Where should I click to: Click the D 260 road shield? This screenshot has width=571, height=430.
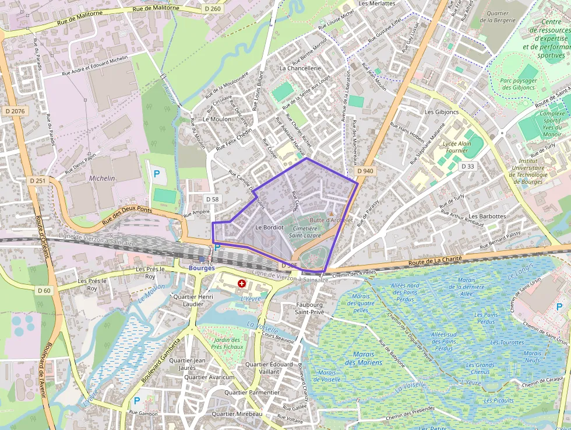pos(213,9)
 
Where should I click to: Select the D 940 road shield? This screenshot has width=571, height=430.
pos(365,171)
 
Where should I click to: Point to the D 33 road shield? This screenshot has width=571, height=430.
pos(468,166)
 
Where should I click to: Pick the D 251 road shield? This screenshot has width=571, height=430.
pos(37,181)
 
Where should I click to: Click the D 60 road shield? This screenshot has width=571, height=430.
pos(44,291)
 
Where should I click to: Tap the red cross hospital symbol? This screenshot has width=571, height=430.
pos(242,284)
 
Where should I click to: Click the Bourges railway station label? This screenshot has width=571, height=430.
pos(202,268)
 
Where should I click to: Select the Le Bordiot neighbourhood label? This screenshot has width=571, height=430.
pos(269,226)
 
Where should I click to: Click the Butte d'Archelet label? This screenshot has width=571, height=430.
pos(332,220)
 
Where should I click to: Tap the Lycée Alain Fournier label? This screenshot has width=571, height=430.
pos(457,146)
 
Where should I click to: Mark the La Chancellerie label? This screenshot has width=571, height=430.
pos(300,68)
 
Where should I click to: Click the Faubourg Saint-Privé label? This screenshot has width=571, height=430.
pos(308,308)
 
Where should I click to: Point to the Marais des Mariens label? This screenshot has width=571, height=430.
pos(364,358)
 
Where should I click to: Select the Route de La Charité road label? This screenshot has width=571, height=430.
pos(435,260)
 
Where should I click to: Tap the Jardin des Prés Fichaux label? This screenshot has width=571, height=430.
pos(226,343)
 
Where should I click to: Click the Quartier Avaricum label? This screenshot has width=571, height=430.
pos(209,377)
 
